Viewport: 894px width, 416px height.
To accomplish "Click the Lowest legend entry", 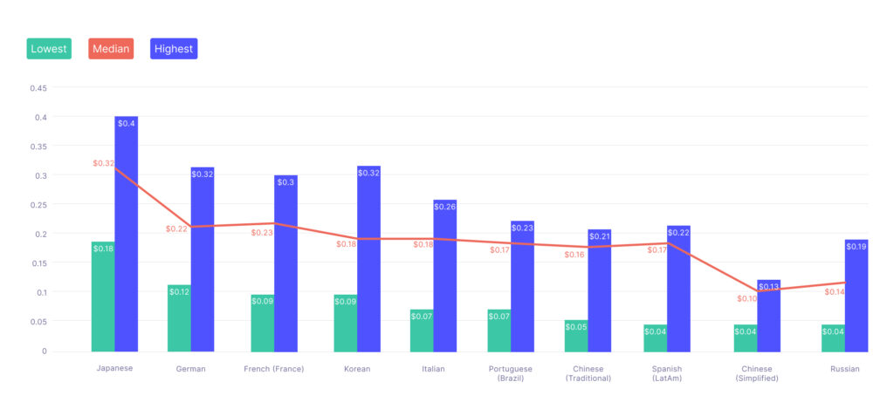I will point(49,49).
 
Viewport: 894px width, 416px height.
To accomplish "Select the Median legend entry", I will point(110,49).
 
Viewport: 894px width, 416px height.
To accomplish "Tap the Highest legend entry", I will point(174,49).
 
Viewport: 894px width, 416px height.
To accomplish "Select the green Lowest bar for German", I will point(179,323).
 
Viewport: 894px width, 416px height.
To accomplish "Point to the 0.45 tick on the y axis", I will point(38,88).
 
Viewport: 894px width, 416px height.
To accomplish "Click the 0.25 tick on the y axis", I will point(38,205).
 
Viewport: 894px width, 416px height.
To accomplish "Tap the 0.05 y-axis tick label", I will point(38,322).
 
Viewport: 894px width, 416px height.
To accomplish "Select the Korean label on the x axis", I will point(357,369).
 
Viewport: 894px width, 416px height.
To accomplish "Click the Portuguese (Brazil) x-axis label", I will point(512,373).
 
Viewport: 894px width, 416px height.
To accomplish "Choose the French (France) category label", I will point(274,369).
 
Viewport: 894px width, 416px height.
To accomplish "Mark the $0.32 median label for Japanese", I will point(104,163).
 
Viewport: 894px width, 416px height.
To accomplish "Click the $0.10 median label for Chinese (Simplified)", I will point(747,299).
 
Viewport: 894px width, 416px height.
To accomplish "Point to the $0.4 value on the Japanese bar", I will point(127,124).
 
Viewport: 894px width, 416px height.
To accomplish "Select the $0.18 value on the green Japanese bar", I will point(103,249).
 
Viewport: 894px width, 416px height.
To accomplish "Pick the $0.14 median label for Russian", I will point(835,291).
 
